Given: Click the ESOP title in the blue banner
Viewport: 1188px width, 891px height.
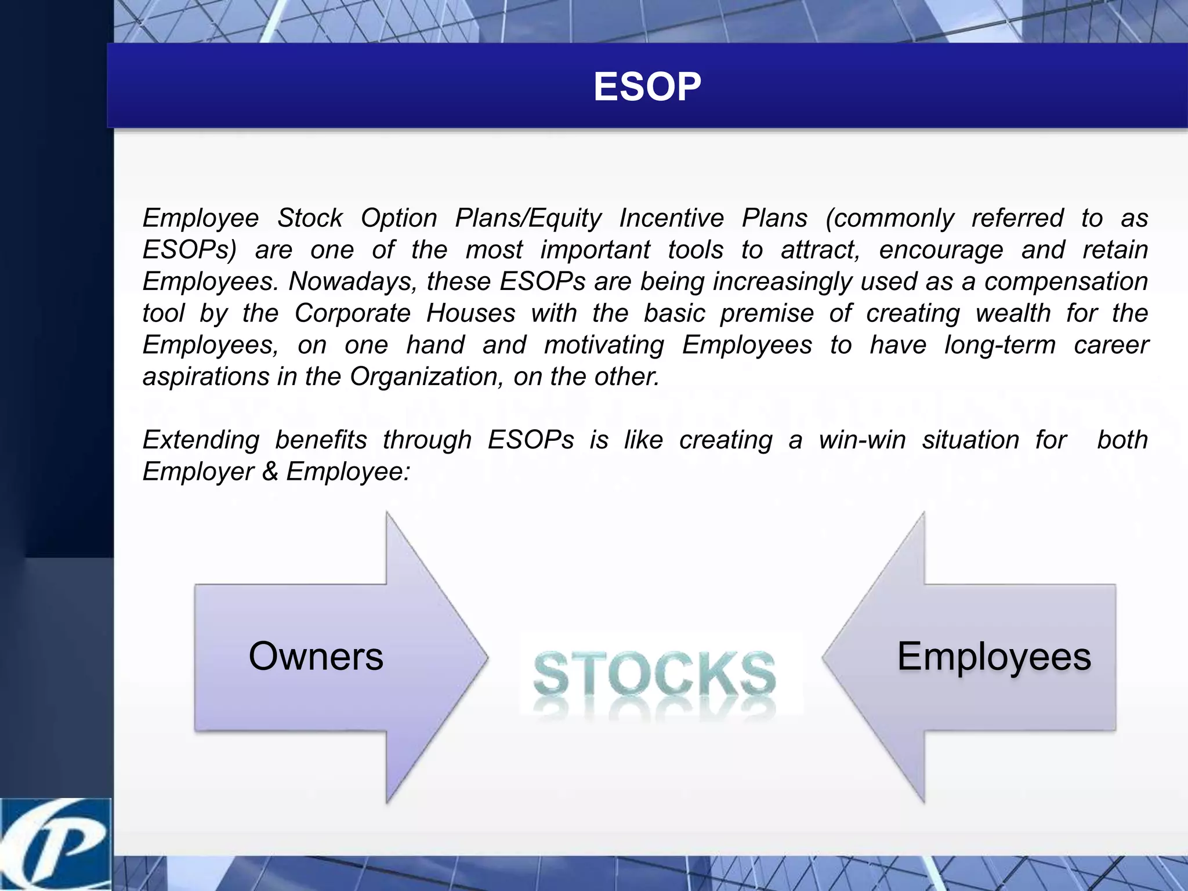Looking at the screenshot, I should click(647, 87).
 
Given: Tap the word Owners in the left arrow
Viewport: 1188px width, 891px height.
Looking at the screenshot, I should click(316, 657).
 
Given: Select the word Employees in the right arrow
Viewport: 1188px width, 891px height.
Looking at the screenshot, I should click(994, 657).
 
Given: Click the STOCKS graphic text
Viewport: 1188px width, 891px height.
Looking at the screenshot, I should click(654, 675).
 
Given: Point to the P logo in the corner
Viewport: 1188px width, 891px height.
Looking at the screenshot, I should click(55, 844).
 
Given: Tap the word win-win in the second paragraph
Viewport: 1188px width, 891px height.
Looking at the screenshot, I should click(862, 440).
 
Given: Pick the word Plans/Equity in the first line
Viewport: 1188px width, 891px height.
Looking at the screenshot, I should click(528, 219).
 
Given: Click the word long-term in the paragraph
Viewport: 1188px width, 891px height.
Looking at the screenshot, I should click(999, 345).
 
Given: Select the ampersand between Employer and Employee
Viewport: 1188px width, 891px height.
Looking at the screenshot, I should click(270, 472).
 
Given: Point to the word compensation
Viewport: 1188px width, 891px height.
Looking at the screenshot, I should click(1066, 282).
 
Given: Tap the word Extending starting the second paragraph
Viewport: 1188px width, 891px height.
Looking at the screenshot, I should click(201, 440).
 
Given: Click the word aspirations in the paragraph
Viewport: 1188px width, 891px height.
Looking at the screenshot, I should click(205, 377).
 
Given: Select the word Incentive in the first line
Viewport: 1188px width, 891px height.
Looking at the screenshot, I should click(671, 219).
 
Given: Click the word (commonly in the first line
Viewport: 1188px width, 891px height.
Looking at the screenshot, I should click(889, 219).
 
